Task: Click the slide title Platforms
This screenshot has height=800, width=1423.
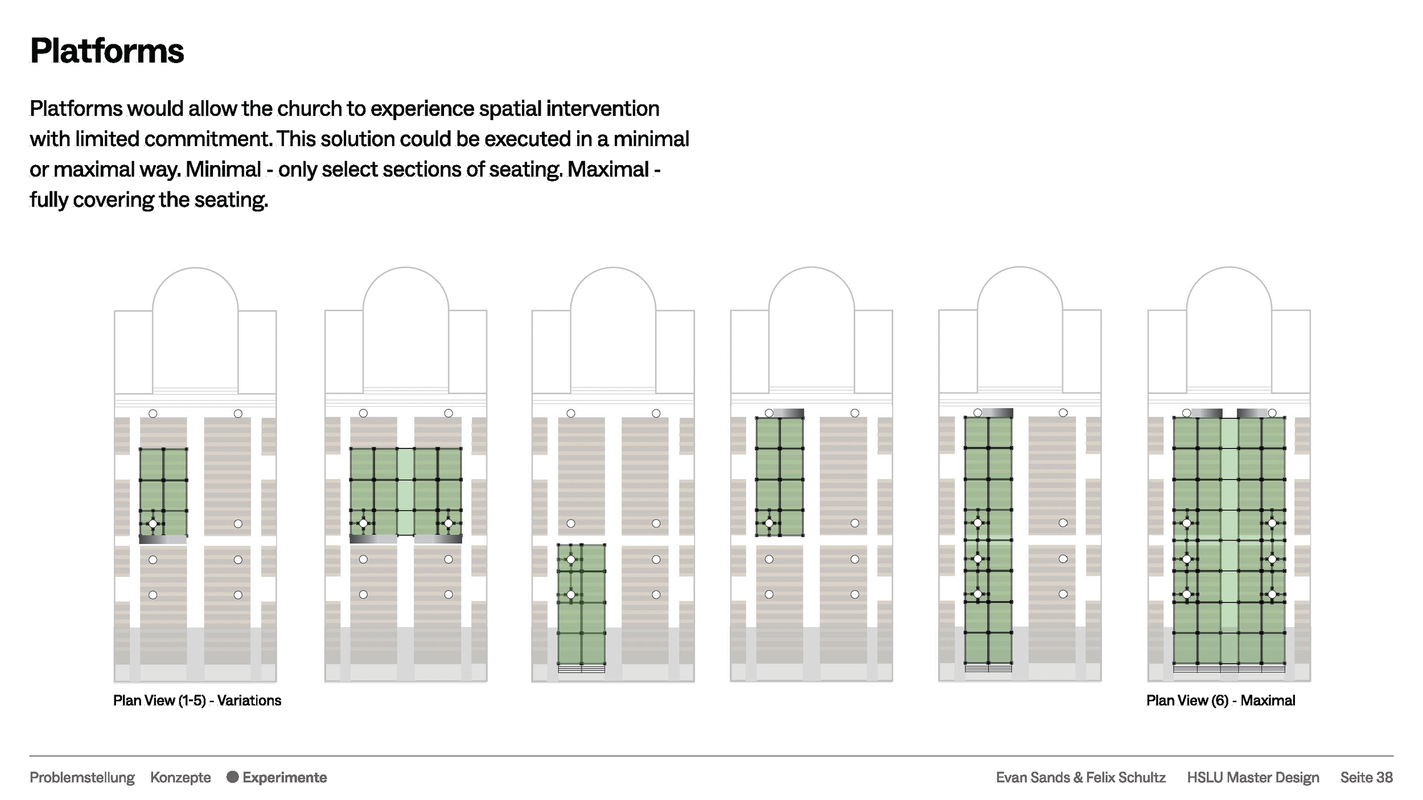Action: point(107,51)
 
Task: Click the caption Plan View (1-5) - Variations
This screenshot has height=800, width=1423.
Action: point(197,700)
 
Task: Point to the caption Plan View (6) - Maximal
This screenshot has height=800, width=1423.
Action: point(1220,700)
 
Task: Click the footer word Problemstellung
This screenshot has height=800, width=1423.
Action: point(82,777)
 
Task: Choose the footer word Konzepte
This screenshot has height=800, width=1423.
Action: point(180,777)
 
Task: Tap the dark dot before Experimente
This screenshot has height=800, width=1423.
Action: point(232,777)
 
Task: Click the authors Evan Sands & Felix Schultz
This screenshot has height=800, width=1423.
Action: point(1080,777)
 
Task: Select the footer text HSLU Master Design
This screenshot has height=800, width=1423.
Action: point(1253,777)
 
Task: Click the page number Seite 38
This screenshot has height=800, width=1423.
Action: point(1366,777)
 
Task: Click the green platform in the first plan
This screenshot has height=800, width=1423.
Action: point(163,492)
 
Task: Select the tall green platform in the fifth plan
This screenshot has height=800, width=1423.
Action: point(988,541)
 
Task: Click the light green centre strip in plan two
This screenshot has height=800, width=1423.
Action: point(405,492)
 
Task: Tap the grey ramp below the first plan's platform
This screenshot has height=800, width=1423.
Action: point(163,539)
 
